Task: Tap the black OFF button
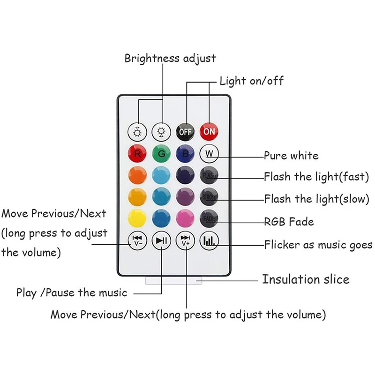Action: pyautogui.click(x=186, y=132)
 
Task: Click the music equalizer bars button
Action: pyautogui.click(x=209, y=241)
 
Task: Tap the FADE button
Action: pyautogui.click(x=209, y=218)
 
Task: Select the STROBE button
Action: pyautogui.click(x=209, y=196)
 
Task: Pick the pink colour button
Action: pyautogui.click(x=186, y=218)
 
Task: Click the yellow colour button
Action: pyautogui.click(x=138, y=218)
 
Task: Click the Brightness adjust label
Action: pyautogui.click(x=170, y=59)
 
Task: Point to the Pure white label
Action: pyautogui.click(x=291, y=156)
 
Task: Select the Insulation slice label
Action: pyautogui.click(x=306, y=280)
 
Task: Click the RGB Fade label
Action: pyautogui.click(x=289, y=221)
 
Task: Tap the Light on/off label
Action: pyautogui.click(x=252, y=81)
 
